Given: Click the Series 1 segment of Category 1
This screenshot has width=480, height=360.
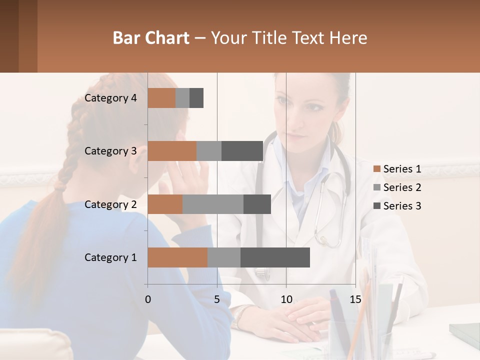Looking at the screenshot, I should [177, 257].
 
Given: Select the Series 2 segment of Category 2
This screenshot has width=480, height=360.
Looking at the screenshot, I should [213, 204].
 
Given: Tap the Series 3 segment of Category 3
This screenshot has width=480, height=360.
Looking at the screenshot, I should [242, 151].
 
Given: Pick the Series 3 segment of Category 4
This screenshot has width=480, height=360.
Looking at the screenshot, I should [196, 98].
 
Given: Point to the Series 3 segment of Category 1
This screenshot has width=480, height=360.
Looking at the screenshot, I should [275, 257].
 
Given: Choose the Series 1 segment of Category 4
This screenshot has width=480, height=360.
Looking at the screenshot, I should [161, 98].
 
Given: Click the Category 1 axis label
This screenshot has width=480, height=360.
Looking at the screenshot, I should [110, 257].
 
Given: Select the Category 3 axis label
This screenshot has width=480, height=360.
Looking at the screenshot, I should [110, 151].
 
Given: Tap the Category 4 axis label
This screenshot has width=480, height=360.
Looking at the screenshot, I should [110, 98].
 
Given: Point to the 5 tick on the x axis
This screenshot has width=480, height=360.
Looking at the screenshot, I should [217, 299].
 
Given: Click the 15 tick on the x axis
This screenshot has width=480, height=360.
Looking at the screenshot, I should [355, 299].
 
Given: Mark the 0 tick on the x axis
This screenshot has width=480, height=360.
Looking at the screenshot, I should [148, 299].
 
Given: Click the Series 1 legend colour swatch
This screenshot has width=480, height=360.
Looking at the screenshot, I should [376, 169].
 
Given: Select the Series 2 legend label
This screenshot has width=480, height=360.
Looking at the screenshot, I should [402, 187].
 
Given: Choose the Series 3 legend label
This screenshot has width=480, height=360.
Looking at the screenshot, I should [402, 206].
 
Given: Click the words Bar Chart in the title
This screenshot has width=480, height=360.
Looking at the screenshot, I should [151, 38].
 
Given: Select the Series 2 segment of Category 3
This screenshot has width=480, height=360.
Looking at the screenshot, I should [209, 151].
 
